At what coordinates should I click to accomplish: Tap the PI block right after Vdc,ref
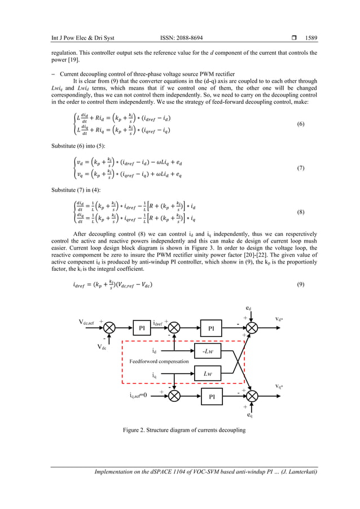click(x=141, y=327)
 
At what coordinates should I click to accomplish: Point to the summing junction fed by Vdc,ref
click(x=109, y=327)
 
